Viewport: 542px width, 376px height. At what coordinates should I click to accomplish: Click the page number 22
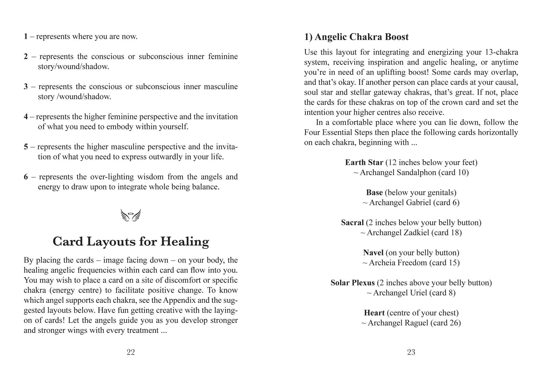[x=131, y=352]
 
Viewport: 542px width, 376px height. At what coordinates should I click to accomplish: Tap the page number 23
[x=411, y=352]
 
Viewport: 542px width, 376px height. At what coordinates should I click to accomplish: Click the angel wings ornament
[x=131, y=215]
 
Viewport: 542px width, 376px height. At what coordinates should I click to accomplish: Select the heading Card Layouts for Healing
[x=131, y=241]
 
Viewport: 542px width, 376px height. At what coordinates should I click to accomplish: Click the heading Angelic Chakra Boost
[x=361, y=37]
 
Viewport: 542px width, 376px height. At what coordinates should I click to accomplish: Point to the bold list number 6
[x=26, y=177]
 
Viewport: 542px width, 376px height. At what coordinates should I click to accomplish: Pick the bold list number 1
[x=26, y=36]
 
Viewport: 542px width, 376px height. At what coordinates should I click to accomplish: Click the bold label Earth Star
[x=364, y=162]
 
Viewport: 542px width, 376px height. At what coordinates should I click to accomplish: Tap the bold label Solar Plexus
[x=352, y=283]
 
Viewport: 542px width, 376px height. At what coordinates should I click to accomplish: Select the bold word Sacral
[x=352, y=223]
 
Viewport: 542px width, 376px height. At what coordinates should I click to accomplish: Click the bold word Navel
[x=373, y=253]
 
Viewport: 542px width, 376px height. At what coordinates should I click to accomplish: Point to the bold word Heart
[x=374, y=313]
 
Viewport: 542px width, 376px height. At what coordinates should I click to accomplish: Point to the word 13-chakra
[x=502, y=52]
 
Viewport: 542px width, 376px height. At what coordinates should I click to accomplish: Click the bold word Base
[x=374, y=193]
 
